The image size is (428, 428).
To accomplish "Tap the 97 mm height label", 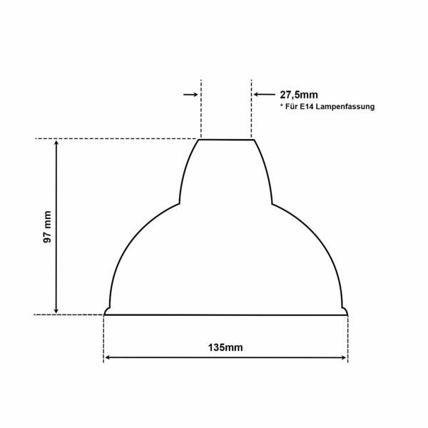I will [x=47, y=227].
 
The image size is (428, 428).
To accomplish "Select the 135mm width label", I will [x=225, y=347].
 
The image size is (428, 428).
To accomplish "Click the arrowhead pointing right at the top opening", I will [x=195, y=93].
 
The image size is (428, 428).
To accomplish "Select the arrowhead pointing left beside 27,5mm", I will [x=258, y=93].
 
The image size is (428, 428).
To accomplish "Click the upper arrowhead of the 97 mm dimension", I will [x=56, y=143].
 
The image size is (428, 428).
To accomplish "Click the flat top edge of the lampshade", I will [x=225, y=140].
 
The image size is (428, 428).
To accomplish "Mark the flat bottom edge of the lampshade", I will [x=225, y=313].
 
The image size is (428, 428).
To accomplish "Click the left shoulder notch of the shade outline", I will [x=178, y=203].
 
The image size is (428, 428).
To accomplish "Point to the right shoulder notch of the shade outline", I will [x=272, y=203].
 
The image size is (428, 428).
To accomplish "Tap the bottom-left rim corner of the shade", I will [x=106, y=311].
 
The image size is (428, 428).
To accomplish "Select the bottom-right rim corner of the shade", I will [x=346, y=311].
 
